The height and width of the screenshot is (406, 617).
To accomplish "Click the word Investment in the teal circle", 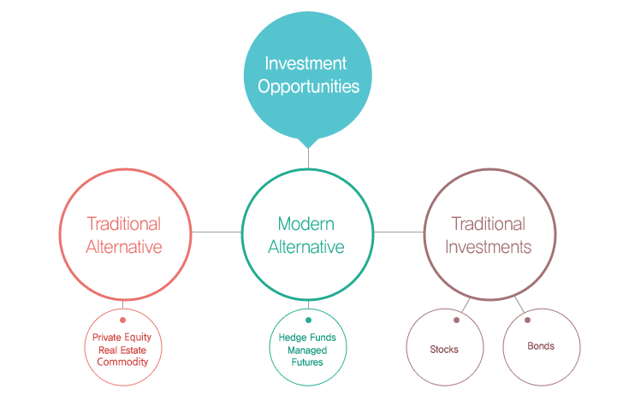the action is [x=306, y=63].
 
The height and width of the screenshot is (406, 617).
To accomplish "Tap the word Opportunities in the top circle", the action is [x=308, y=87].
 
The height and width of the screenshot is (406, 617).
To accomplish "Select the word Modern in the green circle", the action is [x=306, y=224].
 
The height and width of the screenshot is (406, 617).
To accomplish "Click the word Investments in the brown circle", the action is [x=489, y=247].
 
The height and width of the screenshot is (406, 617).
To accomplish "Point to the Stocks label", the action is [x=444, y=350].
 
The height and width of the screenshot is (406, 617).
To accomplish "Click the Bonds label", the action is [x=541, y=346].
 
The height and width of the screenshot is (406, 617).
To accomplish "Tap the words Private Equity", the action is [x=122, y=338].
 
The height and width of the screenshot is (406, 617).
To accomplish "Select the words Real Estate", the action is [x=122, y=350].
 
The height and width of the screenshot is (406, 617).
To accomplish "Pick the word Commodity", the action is [x=122, y=362].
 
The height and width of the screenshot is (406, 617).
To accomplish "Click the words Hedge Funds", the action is [x=307, y=338].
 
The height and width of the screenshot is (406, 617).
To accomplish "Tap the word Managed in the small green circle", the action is [x=307, y=350].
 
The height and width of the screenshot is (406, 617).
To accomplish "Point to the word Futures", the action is [x=307, y=362].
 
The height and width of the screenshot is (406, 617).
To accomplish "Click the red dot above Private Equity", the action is [x=122, y=321].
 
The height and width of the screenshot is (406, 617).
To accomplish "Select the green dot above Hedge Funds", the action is [x=308, y=321].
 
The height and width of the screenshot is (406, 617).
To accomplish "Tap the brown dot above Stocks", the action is [x=456, y=321].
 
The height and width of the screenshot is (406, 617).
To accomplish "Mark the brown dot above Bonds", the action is [x=528, y=321].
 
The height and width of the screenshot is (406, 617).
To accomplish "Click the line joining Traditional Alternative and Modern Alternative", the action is [x=217, y=232].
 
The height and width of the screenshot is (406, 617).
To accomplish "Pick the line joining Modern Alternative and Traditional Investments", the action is [x=399, y=232].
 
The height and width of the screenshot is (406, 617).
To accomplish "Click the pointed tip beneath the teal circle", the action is [x=308, y=149].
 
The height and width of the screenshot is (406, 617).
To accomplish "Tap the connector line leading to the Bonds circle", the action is [x=519, y=304].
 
